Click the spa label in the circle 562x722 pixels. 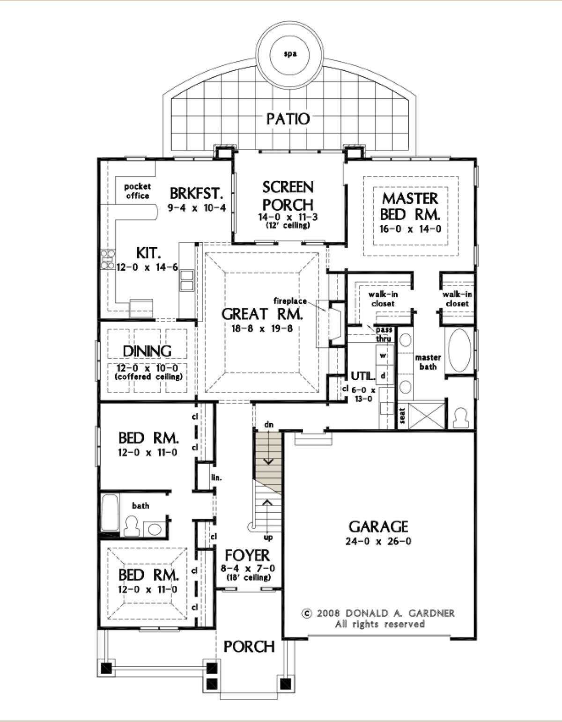pyautogui.click(x=290, y=54)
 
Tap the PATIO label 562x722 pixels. pyautogui.click(x=288, y=119)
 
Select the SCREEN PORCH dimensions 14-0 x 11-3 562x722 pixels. pyautogui.click(x=288, y=217)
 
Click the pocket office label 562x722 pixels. pyautogui.click(x=137, y=191)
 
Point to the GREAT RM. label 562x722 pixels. pyautogui.click(x=262, y=314)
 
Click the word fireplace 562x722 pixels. pyautogui.click(x=290, y=301)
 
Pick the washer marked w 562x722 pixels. pyautogui.click(x=383, y=355)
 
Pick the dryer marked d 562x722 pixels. pyautogui.click(x=383, y=376)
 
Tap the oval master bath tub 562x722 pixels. pyautogui.click(x=459, y=351)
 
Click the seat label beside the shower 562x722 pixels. pyautogui.click(x=402, y=416)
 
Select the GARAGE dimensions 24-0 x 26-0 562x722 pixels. pyautogui.click(x=378, y=542)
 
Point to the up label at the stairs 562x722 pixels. pyautogui.click(x=268, y=537)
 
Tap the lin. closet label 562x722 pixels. pyautogui.click(x=216, y=478)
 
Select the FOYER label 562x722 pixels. pyautogui.click(x=248, y=555)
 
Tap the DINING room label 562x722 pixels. pyautogui.click(x=147, y=351)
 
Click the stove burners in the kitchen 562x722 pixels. pyautogui.click(x=108, y=259)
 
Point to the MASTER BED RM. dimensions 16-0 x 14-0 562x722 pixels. pyautogui.click(x=410, y=229)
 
